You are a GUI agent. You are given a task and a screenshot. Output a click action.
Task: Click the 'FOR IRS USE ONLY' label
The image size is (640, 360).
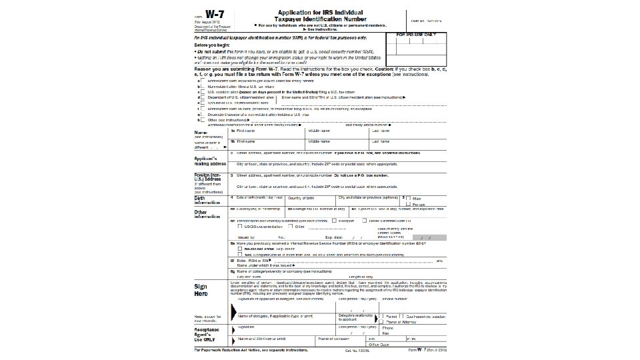(x=417, y=33)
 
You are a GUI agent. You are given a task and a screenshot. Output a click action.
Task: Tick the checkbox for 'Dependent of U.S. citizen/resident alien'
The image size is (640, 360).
(x=202, y=97)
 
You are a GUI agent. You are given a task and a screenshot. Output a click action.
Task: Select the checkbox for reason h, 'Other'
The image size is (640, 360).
(x=202, y=119)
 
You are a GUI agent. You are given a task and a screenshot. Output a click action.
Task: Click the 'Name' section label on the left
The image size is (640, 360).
(x=200, y=132)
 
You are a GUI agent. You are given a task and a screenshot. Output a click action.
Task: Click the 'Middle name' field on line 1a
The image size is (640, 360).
(x=337, y=133)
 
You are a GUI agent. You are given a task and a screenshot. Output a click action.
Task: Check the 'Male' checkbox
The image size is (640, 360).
(x=409, y=198)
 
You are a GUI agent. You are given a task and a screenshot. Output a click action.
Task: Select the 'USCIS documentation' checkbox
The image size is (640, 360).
(x=241, y=226)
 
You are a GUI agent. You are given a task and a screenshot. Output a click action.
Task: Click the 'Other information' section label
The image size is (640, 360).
(x=205, y=215)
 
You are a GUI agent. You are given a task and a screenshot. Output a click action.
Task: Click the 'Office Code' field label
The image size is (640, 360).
(x=387, y=345)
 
